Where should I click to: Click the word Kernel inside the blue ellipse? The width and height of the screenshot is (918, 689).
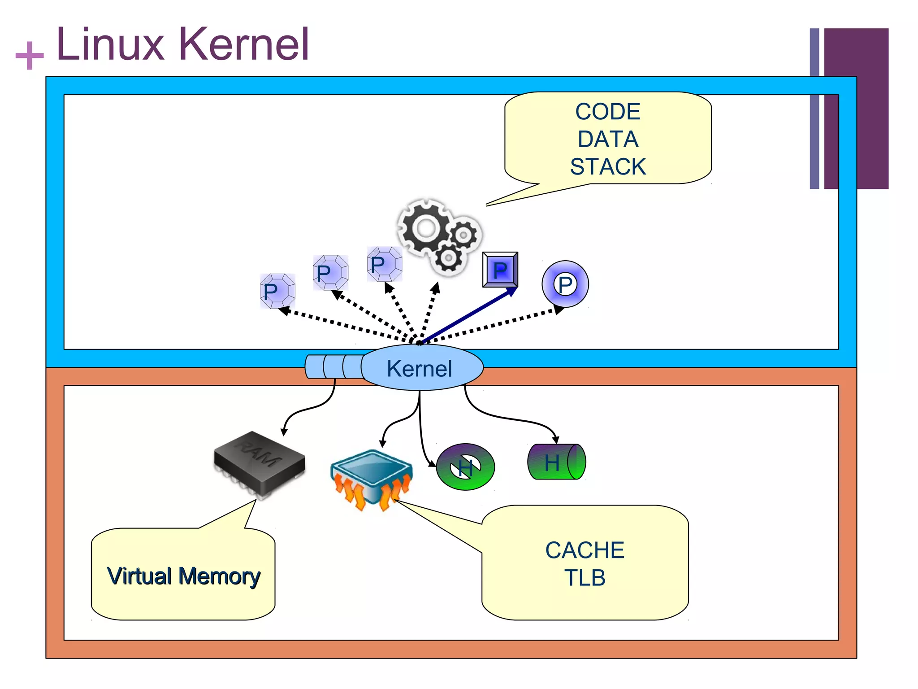419,369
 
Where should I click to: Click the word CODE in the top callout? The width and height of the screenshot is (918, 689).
607,112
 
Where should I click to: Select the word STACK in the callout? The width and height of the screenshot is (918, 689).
607,167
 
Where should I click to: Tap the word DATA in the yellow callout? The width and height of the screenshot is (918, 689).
607,139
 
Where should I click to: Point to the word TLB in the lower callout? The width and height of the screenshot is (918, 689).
585,578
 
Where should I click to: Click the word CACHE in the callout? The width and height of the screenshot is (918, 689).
585,550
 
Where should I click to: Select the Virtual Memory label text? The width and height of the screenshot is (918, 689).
183,576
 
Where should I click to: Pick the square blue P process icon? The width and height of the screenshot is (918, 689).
500,270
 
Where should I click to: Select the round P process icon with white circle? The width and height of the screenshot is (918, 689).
565,284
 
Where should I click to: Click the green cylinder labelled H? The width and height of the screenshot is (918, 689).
556,462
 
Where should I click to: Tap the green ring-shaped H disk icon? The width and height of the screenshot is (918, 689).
465,467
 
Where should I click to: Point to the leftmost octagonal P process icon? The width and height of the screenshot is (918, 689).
277,291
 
